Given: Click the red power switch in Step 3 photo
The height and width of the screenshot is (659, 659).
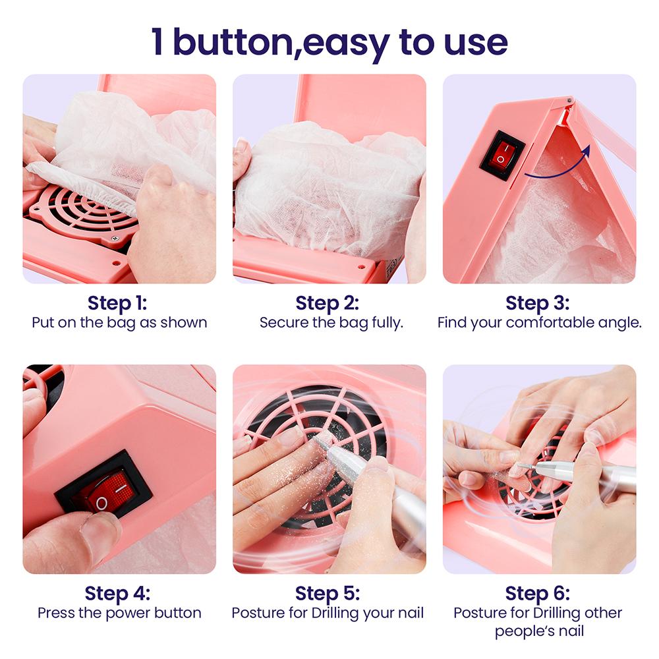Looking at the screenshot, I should click(502, 156).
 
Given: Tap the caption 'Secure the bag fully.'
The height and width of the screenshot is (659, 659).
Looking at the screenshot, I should click(331, 323).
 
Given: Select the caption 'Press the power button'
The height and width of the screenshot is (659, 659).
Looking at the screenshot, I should click(119, 613).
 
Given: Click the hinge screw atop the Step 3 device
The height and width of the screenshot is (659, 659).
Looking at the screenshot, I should click(568, 100).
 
